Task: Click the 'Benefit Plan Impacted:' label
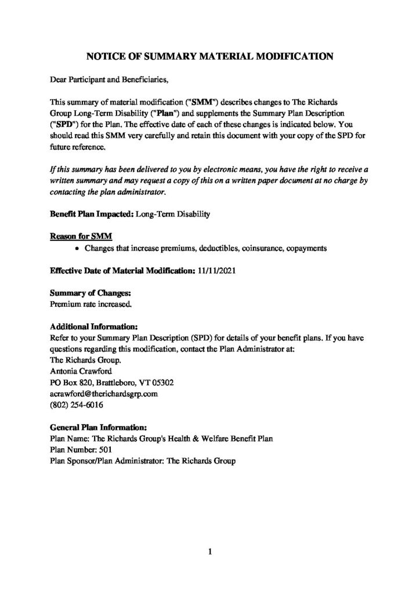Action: tap(92, 214)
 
